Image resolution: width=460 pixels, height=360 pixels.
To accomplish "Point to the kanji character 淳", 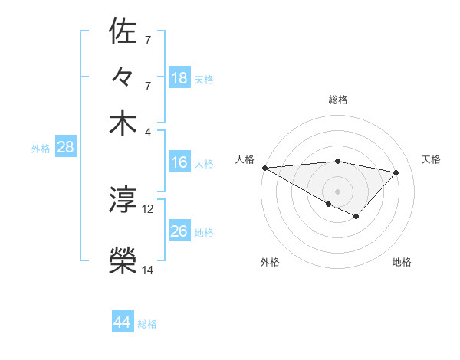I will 123,201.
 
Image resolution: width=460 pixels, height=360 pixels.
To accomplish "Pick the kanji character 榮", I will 123,261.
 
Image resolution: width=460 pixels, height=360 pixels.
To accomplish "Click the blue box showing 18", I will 179,78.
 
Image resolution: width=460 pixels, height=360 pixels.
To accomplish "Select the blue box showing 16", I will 179,162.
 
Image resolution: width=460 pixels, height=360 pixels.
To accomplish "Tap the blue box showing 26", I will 179,231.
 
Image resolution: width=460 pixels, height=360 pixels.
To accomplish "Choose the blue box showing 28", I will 65,148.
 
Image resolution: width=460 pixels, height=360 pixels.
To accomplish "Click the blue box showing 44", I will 123,323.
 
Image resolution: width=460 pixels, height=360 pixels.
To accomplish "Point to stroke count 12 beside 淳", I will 148,208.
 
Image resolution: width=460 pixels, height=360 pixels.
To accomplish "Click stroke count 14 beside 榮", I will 148,270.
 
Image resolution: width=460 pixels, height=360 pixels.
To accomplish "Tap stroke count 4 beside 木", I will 148,131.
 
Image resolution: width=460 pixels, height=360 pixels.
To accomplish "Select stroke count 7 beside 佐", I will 148,39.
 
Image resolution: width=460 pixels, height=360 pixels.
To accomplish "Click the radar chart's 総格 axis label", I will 338,100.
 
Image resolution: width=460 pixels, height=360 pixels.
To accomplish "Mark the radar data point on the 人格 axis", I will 264,168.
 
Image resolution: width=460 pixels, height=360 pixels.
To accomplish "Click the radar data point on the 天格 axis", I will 396,172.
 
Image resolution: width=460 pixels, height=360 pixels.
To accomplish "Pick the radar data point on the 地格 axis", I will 356,216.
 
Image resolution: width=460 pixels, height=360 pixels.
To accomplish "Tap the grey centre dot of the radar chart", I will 338,191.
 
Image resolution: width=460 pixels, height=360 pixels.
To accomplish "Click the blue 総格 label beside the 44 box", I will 147,324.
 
